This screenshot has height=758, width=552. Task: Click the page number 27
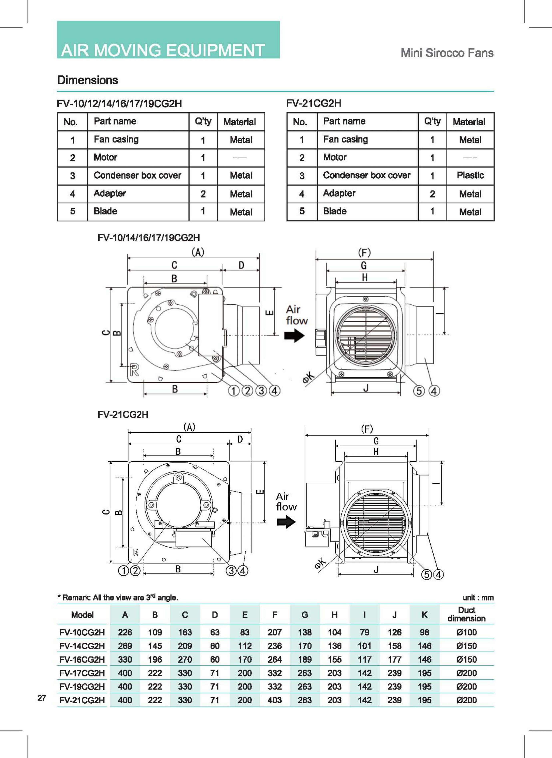click(42, 698)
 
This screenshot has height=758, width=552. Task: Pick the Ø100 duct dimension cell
click(467, 632)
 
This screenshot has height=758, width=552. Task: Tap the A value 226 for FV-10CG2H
click(125, 632)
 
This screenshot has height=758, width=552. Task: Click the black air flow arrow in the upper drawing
click(294, 335)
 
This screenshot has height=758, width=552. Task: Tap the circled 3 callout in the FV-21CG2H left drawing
click(231, 570)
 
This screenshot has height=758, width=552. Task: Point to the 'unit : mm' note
click(478, 598)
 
